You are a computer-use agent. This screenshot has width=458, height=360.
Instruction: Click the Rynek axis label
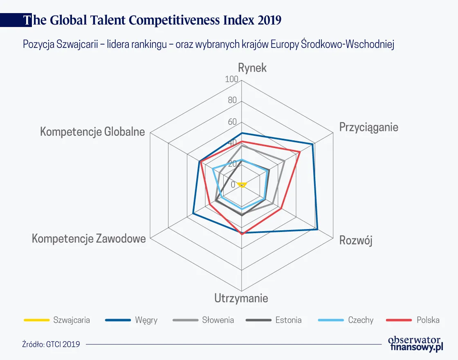click(x=252, y=68)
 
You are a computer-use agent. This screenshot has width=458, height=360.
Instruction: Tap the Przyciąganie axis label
click(x=368, y=127)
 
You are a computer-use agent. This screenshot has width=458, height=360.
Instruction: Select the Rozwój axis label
click(x=356, y=241)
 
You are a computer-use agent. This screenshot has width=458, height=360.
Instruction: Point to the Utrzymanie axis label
click(x=241, y=298)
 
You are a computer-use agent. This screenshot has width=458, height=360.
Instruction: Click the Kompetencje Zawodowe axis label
click(x=89, y=239)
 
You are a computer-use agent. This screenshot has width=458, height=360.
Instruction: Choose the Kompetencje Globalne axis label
click(x=92, y=132)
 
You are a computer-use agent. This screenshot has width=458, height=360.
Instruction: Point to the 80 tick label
click(x=232, y=100)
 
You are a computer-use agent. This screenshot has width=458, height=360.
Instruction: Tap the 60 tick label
click(x=232, y=122)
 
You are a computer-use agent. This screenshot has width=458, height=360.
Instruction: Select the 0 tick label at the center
click(x=233, y=185)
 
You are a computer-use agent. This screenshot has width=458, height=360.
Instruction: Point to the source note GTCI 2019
click(x=51, y=344)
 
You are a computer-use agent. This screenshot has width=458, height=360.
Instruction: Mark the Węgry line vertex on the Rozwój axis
click(x=318, y=229)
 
